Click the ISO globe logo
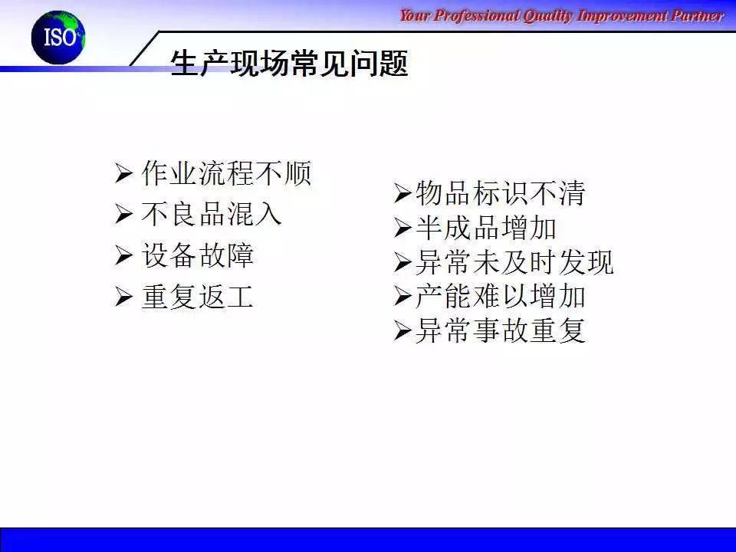click(x=58, y=38)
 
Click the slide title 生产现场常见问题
click(x=289, y=63)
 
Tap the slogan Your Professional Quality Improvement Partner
click(x=561, y=16)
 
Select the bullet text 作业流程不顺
click(x=226, y=173)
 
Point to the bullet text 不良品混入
click(x=212, y=214)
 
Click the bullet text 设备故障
click(x=198, y=255)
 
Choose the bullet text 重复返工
click(x=198, y=297)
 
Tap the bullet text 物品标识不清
click(x=501, y=193)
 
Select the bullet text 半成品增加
click(x=486, y=228)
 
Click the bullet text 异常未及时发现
click(x=514, y=262)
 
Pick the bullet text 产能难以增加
click(x=501, y=296)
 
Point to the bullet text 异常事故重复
click(x=501, y=330)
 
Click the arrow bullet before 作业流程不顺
click(x=124, y=174)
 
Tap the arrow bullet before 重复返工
click(x=124, y=297)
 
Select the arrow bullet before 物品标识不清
click(x=402, y=193)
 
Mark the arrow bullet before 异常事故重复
click(x=402, y=330)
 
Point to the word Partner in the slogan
click(x=698, y=16)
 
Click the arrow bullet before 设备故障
click(x=124, y=255)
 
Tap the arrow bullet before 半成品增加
click(x=402, y=228)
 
